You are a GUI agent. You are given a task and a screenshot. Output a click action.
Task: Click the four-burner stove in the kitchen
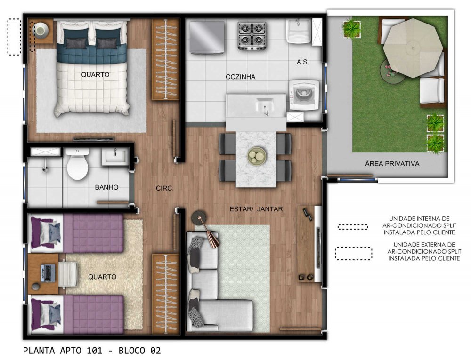[252, 35]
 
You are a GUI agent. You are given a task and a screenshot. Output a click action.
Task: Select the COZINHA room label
[241, 77]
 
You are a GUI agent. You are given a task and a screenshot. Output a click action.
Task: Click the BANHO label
[106, 187]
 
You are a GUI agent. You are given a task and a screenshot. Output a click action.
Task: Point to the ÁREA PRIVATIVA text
[392, 163]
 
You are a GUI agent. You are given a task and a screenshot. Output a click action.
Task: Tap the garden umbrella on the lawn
[413, 48]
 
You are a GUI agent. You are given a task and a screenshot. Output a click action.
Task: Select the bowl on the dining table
[257, 156]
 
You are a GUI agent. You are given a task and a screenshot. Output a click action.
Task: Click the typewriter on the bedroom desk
[48, 273]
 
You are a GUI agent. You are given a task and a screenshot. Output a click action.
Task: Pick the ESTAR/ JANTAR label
[256, 209]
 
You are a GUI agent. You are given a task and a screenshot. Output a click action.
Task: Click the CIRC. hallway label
[164, 188]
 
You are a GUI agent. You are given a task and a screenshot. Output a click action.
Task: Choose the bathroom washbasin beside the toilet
[115, 157]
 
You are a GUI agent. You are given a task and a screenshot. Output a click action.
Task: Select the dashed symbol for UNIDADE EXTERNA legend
[354, 253]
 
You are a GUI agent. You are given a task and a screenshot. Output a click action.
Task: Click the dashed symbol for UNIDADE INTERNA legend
[353, 227]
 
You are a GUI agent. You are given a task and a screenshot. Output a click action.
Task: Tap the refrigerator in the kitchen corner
[207, 38]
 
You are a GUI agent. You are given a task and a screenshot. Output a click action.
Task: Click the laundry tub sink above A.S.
[299, 31]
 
